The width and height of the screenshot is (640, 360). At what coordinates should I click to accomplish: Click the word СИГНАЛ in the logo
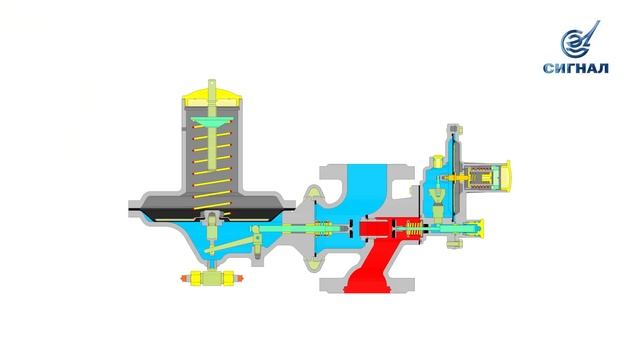tap(576, 68)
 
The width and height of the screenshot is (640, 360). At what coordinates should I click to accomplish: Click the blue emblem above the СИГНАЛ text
tap(580, 40)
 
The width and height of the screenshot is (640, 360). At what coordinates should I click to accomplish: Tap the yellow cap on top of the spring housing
tap(212, 98)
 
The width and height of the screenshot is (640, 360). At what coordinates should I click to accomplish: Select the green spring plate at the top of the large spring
tap(213, 121)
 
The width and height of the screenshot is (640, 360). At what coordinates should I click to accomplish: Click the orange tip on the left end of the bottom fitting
tap(184, 278)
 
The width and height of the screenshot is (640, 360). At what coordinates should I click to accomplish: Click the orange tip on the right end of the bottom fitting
tap(239, 278)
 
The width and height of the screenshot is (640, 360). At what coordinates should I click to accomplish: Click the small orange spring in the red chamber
tap(414, 231)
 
